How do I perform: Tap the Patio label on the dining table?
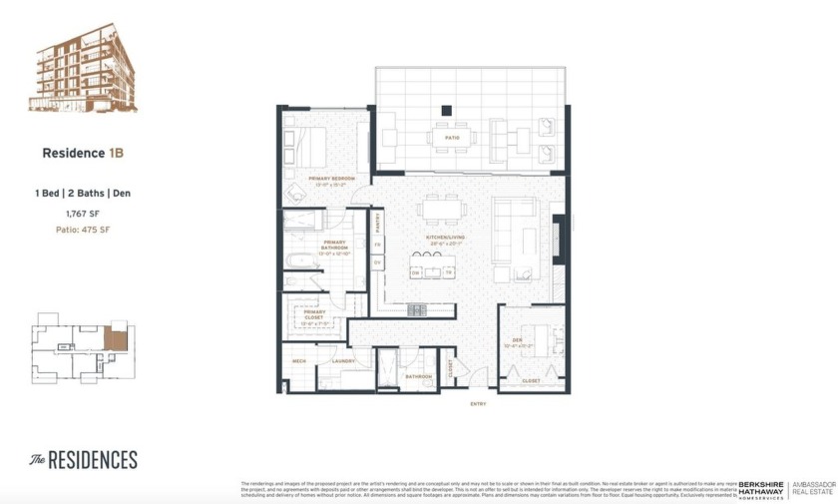[451, 137]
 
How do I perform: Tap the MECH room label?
[298, 361]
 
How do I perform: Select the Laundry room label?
[343, 361]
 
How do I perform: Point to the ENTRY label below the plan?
[478, 403]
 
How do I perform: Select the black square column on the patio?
[447, 111]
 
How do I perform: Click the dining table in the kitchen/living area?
[439, 211]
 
